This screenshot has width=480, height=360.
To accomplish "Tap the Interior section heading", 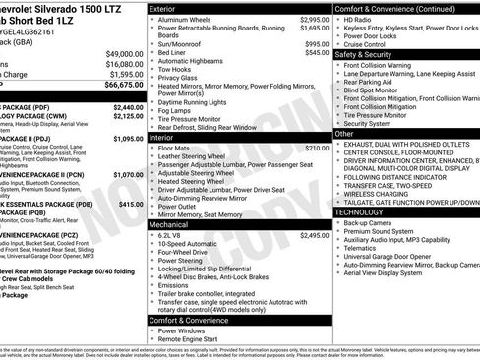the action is [161, 138].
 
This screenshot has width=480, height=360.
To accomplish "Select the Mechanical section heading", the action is [169, 224].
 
